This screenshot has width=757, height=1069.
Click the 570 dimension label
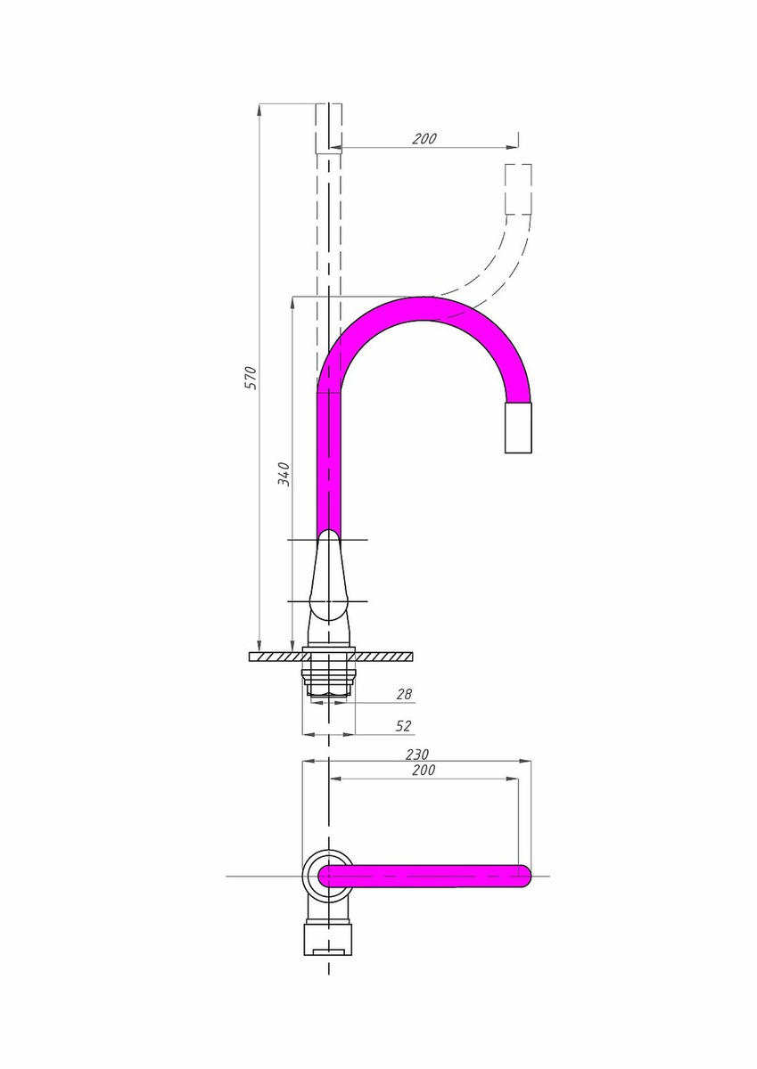251,378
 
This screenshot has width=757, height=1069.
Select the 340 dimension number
284,474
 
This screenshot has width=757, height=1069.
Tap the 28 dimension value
404,693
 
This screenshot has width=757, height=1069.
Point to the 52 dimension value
403,726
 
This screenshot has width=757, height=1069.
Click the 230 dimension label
417,755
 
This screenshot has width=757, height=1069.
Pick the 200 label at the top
424,138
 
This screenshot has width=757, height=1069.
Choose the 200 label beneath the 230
424,770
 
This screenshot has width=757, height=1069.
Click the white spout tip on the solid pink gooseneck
518,428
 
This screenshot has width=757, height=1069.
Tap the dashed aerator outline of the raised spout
518,189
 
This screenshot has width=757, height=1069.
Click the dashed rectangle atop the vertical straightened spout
329,128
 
